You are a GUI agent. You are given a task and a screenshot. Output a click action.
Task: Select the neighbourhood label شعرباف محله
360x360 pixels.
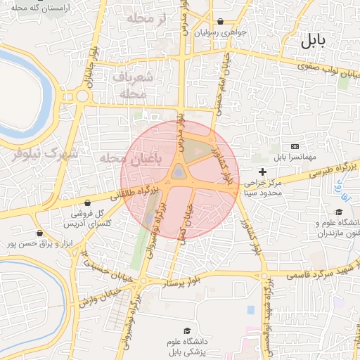[x=129, y=84]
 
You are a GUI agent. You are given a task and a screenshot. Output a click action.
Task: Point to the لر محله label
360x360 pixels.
[x=145, y=19]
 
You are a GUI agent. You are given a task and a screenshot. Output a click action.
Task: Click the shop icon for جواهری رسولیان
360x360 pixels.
[x=221, y=21]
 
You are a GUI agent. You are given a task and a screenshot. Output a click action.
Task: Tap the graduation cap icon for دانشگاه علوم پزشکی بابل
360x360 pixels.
[x=187, y=330]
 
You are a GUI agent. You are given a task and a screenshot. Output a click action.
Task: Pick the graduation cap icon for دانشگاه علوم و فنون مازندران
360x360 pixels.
[x=338, y=212]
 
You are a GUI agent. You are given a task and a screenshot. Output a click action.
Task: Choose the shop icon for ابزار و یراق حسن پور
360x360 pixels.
[x=39, y=233]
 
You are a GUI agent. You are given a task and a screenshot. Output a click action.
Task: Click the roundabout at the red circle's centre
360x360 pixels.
[x=179, y=172]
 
